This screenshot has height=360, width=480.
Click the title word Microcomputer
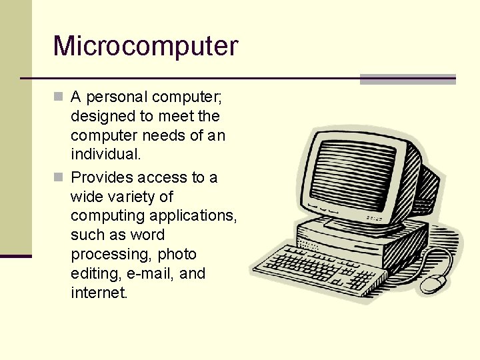(145, 46)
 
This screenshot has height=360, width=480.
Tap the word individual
(105, 155)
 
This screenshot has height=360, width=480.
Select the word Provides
(101, 177)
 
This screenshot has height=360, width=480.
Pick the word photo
(177, 254)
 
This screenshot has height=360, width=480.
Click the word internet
(99, 293)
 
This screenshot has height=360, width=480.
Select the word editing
(94, 274)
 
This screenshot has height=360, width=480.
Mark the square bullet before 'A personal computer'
(59, 97)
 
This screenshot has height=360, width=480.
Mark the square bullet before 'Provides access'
(59, 177)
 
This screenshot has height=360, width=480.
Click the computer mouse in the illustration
(434, 283)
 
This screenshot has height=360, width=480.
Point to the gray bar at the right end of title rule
(407, 79)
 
